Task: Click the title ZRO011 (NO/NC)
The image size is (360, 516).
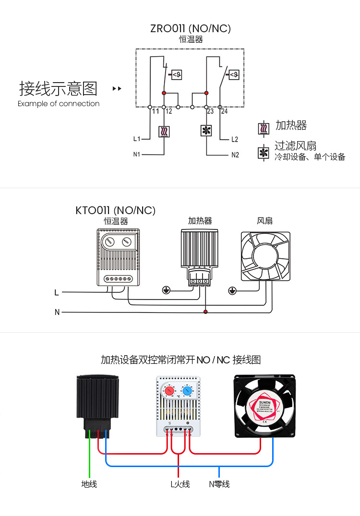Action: pyautogui.click(x=191, y=28)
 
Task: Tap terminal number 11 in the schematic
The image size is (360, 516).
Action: pyautogui.click(x=155, y=111)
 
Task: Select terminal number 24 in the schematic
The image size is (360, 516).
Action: pyautogui.click(x=224, y=111)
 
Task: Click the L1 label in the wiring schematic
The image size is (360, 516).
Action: pyautogui.click(x=137, y=139)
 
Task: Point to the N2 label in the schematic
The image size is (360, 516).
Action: pyautogui.click(x=235, y=155)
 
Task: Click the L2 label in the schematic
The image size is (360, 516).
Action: pyautogui.click(x=234, y=139)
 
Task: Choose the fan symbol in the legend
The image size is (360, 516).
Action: pyautogui.click(x=264, y=153)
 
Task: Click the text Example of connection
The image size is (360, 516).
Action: pyautogui.click(x=59, y=104)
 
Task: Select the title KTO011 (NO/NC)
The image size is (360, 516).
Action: pyautogui.click(x=116, y=210)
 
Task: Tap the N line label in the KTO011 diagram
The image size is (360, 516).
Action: pyautogui.click(x=57, y=312)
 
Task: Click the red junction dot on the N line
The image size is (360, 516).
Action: pyautogui.click(x=205, y=312)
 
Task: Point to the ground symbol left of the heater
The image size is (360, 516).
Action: pyautogui.click(x=166, y=290)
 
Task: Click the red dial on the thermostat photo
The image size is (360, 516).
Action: pyautogui.click(x=170, y=391)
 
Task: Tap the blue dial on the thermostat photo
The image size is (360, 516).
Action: pyautogui.click(x=187, y=391)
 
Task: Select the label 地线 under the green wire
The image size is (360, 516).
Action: pyautogui.click(x=89, y=484)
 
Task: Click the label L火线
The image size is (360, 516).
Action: pyautogui.click(x=180, y=484)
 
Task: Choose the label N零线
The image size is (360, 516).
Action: pyautogui.click(x=219, y=484)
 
